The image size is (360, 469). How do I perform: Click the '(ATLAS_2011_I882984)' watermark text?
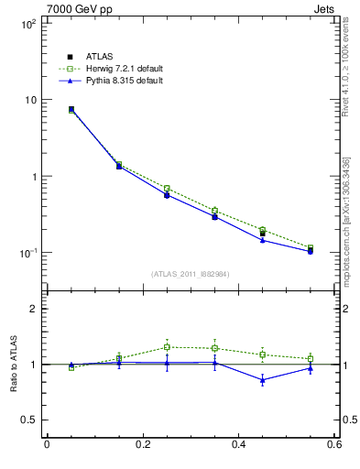click(x=191, y=274)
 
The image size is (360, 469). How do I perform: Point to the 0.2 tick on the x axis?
click(x=142, y=445)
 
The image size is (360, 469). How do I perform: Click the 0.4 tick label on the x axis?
click(x=238, y=445)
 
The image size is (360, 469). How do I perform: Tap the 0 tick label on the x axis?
click(x=47, y=445)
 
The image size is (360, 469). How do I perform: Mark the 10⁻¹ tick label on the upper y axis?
click(x=28, y=253)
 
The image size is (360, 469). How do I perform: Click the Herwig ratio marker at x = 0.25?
click(x=167, y=347)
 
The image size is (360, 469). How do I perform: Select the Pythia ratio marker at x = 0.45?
click(x=262, y=379)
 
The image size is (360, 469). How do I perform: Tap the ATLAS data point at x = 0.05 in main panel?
click(x=71, y=109)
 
